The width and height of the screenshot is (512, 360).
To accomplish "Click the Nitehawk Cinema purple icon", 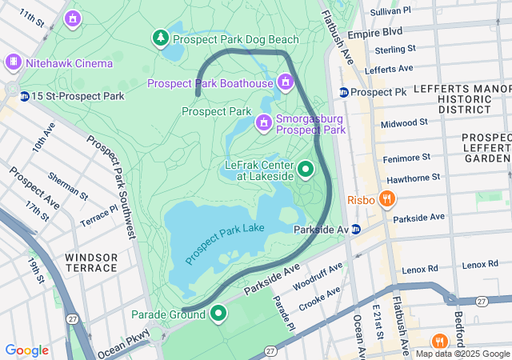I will tap(13, 62).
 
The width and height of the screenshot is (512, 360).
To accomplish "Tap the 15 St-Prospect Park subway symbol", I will tap(25, 96).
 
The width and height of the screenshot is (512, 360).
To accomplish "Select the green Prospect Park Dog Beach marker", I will tap(161, 38).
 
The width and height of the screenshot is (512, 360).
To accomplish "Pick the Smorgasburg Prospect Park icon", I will tap(263, 122).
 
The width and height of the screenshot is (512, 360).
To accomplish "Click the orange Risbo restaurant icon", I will tap(387, 198).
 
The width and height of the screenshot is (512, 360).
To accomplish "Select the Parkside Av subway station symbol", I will tap(356, 230).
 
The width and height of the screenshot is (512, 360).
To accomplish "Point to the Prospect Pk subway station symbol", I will tap(344, 92).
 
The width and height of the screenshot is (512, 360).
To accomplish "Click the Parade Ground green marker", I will tap(218, 314).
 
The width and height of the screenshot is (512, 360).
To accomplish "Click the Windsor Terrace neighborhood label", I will tap(91, 262).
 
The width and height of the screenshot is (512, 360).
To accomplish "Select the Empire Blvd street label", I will tap(397, 33).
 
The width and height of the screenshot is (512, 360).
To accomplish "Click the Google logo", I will tap(26, 350).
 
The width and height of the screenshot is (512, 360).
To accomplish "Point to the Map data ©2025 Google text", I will tap(462, 354).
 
